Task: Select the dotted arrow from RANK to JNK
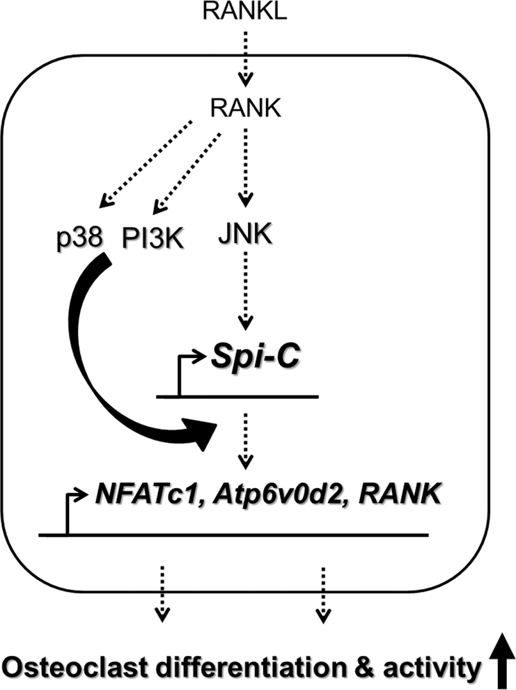244,167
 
